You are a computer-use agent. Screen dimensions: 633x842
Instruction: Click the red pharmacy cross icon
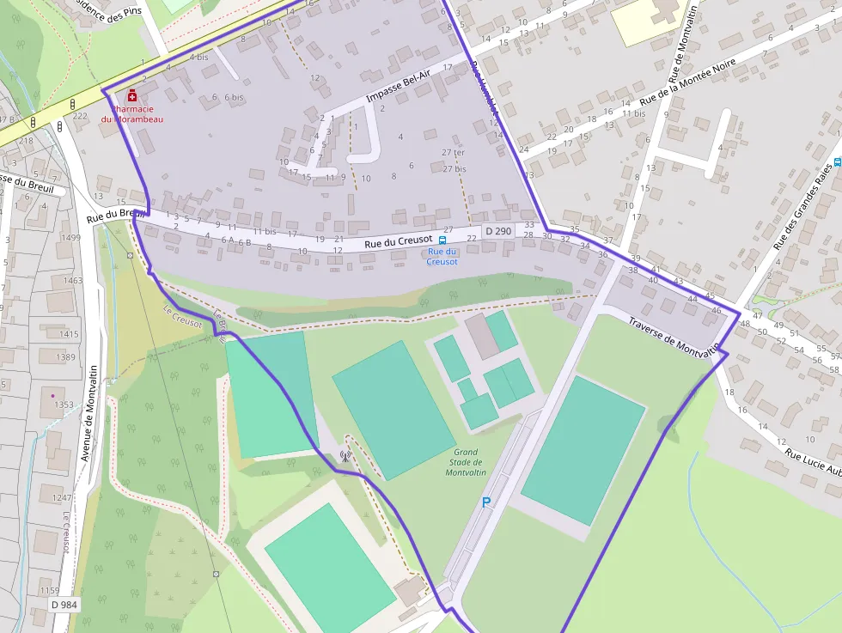(132, 94)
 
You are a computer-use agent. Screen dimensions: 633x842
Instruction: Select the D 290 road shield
(497, 232)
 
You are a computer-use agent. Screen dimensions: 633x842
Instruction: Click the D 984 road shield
(64, 605)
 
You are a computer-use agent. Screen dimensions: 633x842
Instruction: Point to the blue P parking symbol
(485, 502)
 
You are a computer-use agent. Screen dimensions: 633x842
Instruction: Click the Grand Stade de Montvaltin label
(465, 462)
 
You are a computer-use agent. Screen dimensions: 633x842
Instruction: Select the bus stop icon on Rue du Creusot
(442, 240)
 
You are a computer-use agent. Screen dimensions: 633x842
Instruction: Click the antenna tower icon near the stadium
(345, 456)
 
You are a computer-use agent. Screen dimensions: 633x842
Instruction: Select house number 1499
(70, 238)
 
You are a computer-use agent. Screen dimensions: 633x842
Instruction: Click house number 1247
(63, 497)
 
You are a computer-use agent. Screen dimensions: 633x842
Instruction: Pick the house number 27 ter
(453, 153)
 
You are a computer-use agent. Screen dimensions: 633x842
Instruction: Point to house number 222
(80, 116)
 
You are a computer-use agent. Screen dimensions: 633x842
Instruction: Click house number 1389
(67, 356)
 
